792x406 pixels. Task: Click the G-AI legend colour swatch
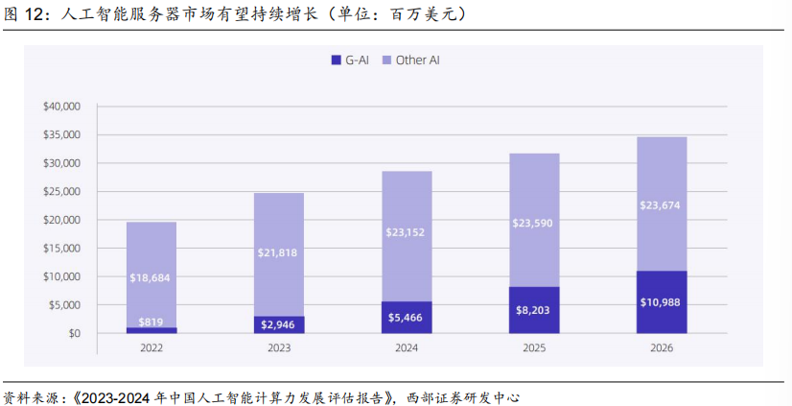(336, 60)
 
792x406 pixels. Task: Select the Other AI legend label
(417, 60)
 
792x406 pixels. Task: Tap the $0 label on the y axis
(75, 334)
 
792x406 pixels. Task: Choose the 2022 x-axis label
(151, 348)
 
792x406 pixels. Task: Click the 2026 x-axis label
(662, 348)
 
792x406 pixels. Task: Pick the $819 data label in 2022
(151, 322)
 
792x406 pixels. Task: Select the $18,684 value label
(151, 278)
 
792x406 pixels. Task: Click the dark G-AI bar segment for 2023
(279, 324)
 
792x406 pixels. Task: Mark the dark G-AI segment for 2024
(407, 317)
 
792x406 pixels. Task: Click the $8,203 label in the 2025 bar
(534, 311)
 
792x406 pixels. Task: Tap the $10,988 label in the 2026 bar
(662, 302)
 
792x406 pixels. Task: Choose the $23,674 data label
(662, 204)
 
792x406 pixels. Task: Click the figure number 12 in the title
(35, 14)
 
